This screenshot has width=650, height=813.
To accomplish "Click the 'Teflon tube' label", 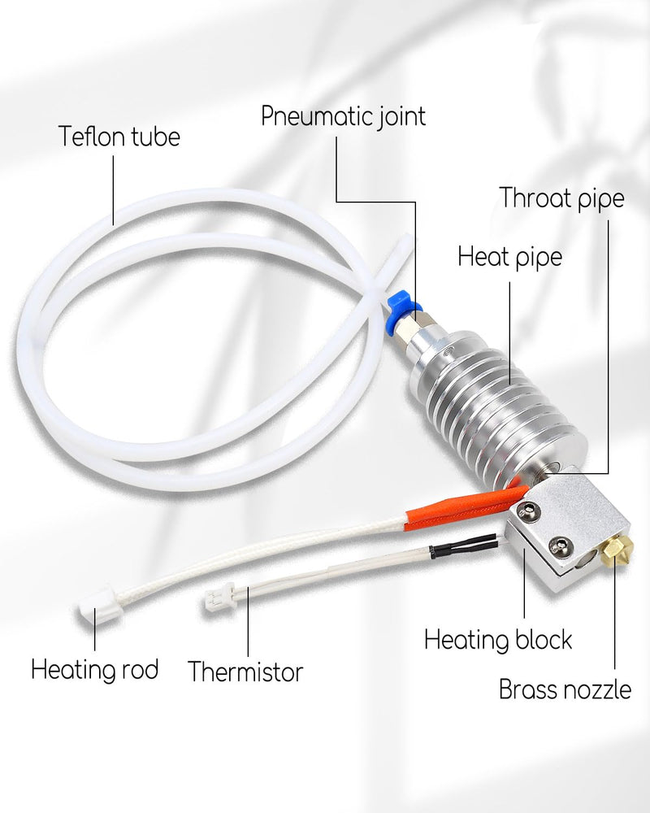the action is pos(119,137).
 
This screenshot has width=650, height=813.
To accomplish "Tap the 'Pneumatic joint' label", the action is pos(343,116).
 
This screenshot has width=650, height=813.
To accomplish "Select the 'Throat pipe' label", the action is pos(562,198).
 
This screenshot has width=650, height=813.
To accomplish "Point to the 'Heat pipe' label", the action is pos(510,257).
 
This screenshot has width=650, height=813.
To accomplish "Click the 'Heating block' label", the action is pos(498,640).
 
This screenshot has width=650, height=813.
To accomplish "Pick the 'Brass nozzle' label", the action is pos(565,689).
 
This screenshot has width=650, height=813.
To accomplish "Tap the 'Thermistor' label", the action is pos(245,672).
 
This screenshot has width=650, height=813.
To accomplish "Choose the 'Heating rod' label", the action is pos(95,669).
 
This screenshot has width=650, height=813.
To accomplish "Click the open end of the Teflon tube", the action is pos(407,240).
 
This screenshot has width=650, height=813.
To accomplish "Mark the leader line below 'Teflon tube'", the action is pos(114,190).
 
